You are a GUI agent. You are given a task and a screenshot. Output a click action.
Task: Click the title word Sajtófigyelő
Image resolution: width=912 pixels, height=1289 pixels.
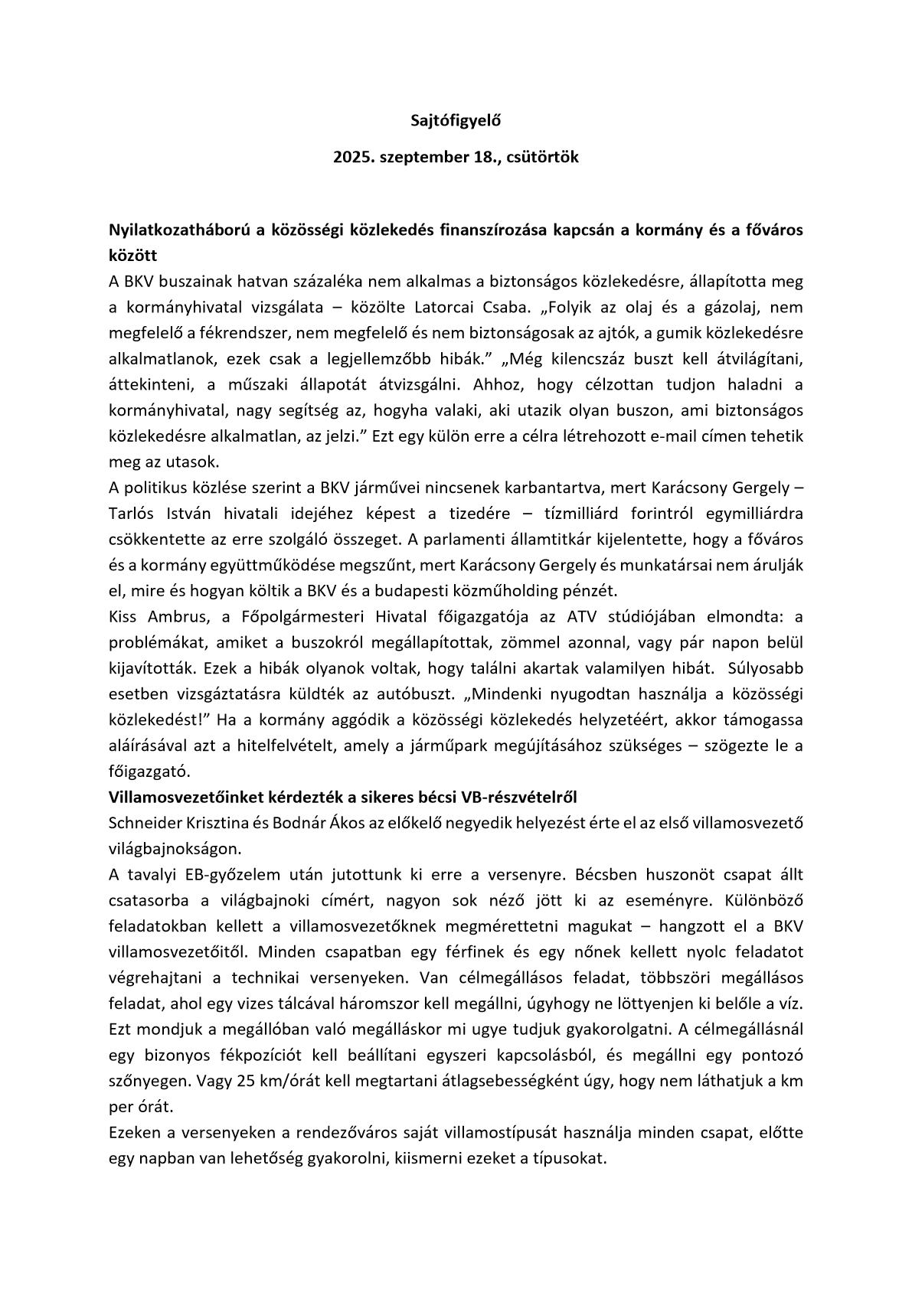pyautogui.click(x=456, y=120)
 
